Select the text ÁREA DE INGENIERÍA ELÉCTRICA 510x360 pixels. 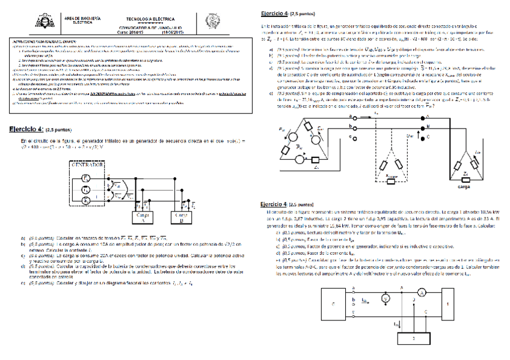82,20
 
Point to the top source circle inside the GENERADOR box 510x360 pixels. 86,179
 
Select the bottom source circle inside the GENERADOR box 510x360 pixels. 86,198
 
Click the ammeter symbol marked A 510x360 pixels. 422,292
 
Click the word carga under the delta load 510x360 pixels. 464,187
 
